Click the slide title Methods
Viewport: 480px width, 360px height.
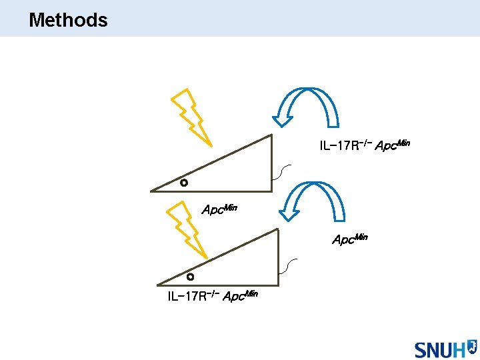pos(68,20)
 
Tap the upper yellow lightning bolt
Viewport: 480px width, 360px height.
pos(191,117)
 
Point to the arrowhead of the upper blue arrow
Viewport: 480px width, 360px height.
pos(283,118)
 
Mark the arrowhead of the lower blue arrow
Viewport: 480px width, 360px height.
pos(288,213)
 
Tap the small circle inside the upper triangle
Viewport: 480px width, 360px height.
pos(184,183)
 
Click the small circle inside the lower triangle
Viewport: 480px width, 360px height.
pos(190,276)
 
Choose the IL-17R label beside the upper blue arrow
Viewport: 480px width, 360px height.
pos(344,145)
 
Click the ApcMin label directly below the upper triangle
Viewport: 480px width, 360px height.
pos(219,209)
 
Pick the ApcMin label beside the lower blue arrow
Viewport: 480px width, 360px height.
pos(350,238)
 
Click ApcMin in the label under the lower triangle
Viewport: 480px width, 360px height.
pos(240,295)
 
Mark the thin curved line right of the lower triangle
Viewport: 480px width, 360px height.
pos(287,265)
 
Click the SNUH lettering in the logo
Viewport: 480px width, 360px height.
pos(439,349)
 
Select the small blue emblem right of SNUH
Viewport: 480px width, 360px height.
pos(472,346)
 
